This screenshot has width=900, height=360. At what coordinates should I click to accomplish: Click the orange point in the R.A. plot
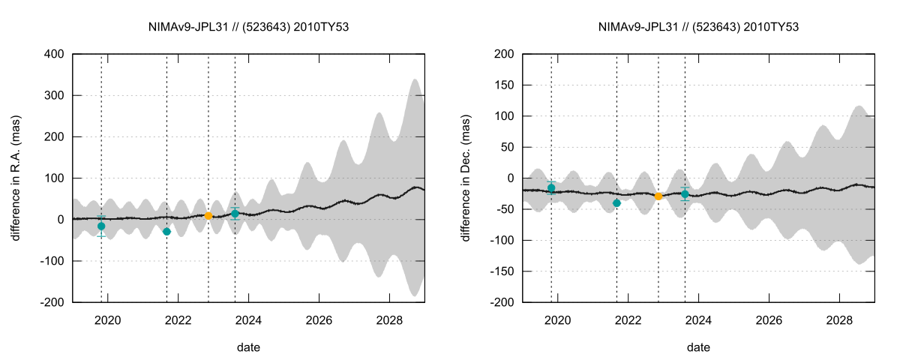(x=208, y=216)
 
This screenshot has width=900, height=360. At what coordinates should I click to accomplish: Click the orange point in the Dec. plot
(x=658, y=196)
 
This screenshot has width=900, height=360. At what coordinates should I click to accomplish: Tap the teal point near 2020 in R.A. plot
(x=101, y=226)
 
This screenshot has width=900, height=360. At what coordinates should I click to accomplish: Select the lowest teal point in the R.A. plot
(x=166, y=232)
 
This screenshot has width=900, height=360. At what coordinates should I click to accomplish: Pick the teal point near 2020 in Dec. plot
(x=551, y=188)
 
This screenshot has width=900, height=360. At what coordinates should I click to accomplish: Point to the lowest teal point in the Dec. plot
(x=616, y=203)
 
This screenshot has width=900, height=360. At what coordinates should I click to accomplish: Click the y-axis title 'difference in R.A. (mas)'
(x=16, y=178)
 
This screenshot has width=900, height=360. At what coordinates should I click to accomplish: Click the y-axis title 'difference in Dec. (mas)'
(x=466, y=178)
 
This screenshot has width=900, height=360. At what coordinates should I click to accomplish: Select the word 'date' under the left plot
(x=249, y=347)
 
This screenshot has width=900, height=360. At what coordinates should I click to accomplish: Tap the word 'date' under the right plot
(x=698, y=347)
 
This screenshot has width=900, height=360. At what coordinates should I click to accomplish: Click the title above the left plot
(x=249, y=27)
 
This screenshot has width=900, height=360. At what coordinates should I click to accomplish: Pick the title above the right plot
(x=698, y=27)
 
